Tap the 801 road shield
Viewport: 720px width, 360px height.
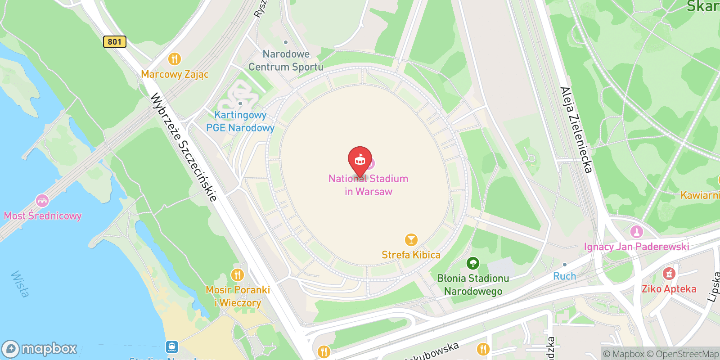coord(115,42)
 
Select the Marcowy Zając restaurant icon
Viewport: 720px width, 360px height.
coord(175,59)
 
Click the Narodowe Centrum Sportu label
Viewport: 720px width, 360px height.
coord(286,61)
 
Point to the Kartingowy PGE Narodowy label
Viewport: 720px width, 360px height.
coord(240,121)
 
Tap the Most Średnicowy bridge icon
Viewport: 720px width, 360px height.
coord(42,201)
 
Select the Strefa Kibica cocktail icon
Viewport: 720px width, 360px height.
coord(411,240)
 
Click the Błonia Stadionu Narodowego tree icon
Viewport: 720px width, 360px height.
coord(472,263)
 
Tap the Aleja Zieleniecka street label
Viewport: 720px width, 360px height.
coord(576,130)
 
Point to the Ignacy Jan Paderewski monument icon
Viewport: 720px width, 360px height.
coord(636,232)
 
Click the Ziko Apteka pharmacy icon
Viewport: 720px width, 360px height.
coord(669,274)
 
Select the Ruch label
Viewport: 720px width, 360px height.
coord(564,276)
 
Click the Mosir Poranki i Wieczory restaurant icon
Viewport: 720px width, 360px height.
coord(237,274)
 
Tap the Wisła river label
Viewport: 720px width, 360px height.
coord(20,284)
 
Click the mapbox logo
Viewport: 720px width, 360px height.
coord(40,349)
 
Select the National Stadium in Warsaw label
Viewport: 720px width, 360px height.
coord(368,185)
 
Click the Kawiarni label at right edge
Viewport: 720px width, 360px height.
coord(700,195)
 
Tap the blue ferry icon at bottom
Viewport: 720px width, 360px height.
coord(172,347)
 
